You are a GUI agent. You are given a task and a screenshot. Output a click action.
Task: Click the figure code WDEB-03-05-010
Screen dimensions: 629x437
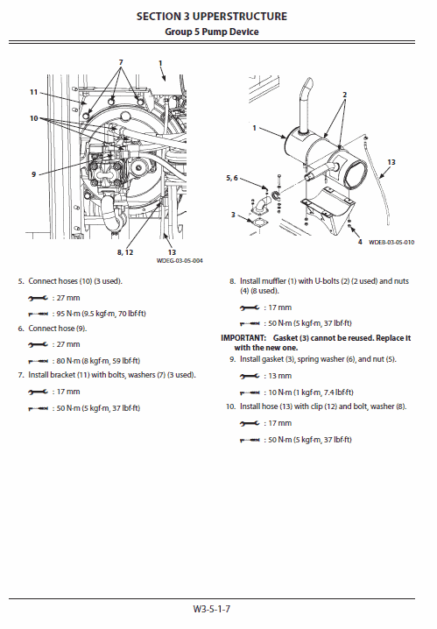[x=391, y=241]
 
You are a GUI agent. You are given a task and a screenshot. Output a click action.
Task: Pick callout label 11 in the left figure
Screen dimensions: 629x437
[x=33, y=92]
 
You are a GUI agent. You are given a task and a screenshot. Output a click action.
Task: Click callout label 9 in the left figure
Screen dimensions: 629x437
[x=33, y=174]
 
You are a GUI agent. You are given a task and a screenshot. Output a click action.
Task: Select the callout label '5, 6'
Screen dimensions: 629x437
[x=232, y=178]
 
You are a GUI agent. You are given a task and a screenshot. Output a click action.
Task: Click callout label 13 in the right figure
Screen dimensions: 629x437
[x=391, y=162]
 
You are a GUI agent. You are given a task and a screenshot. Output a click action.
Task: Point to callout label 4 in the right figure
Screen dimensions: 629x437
[x=359, y=241]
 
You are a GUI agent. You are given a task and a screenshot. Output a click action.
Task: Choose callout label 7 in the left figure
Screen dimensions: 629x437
[x=121, y=62]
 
